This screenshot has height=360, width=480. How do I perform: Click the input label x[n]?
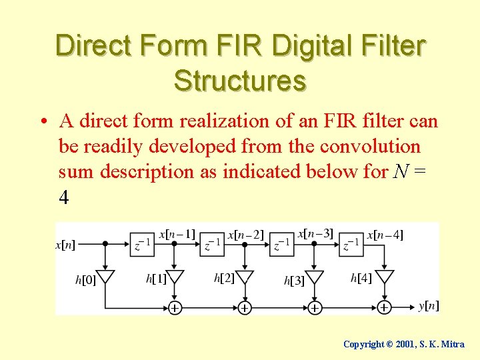tap(65, 245)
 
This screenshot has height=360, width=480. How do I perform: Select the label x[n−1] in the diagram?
tap(177, 234)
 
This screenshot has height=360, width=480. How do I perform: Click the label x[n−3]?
tap(315, 234)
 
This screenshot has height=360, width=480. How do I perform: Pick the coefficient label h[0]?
tap(85, 281)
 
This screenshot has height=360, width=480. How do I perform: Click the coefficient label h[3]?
tap(294, 281)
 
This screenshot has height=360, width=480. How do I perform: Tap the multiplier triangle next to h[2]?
tap(245, 277)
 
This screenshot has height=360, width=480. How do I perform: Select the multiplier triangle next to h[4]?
tap(384, 277)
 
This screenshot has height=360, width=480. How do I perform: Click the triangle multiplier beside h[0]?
tap(105, 277)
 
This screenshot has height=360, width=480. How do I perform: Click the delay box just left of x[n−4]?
tap(351, 245)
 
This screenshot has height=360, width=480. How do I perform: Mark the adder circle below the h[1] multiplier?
tap(175, 307)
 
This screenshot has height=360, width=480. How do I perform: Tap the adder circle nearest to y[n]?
tap(384, 307)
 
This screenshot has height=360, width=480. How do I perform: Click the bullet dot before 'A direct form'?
tap(42, 122)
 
